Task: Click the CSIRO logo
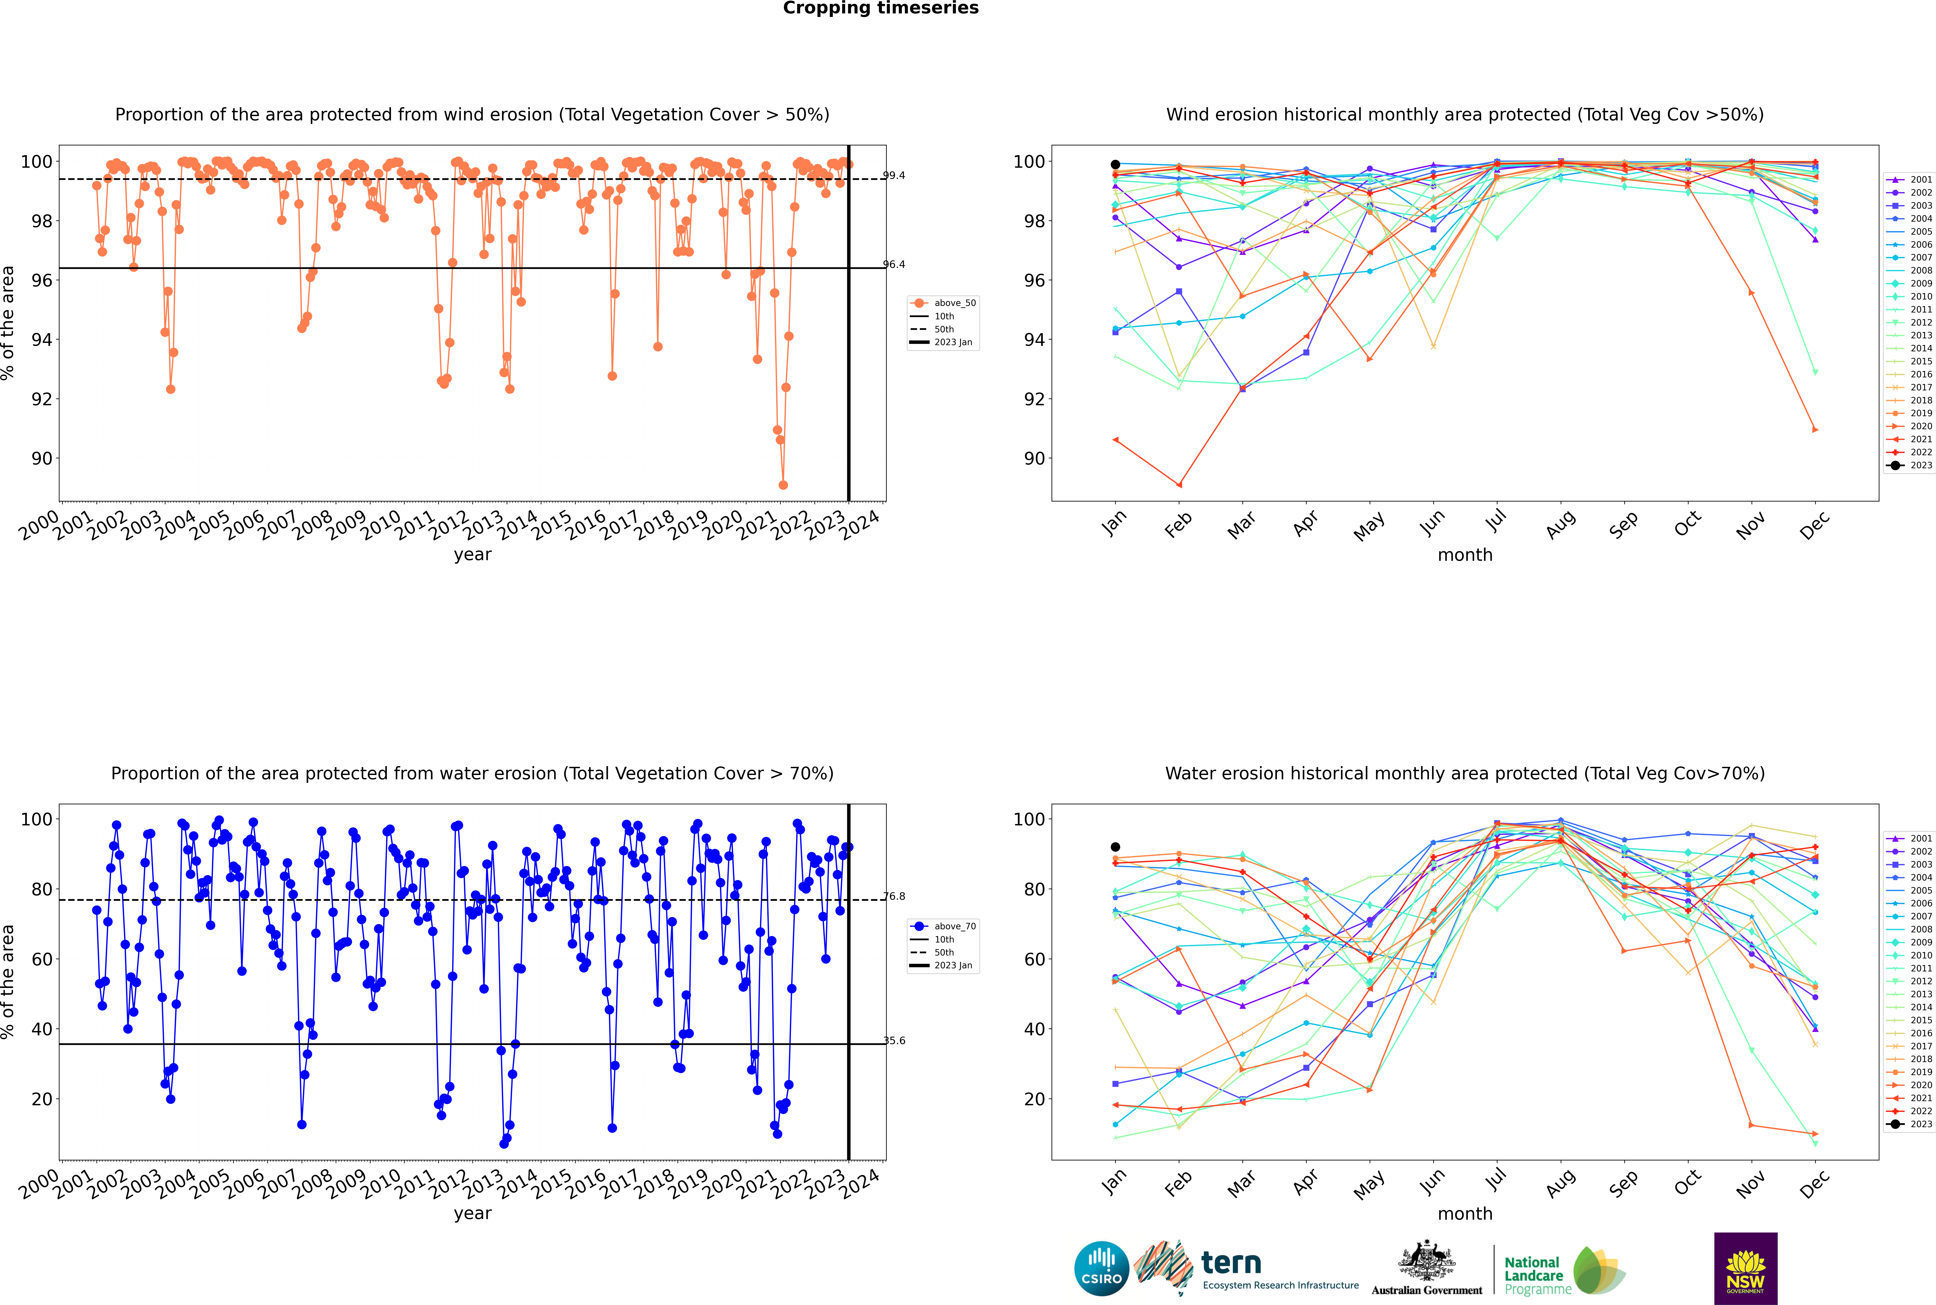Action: (x=1101, y=1268)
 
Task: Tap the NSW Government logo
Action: (x=1745, y=1268)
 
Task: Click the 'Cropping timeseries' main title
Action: (x=881, y=8)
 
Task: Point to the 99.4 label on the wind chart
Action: (x=894, y=176)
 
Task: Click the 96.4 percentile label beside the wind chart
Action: (x=894, y=265)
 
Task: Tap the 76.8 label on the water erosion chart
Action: (x=894, y=896)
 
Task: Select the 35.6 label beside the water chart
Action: (x=894, y=1040)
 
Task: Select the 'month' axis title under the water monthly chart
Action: (x=1465, y=1213)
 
